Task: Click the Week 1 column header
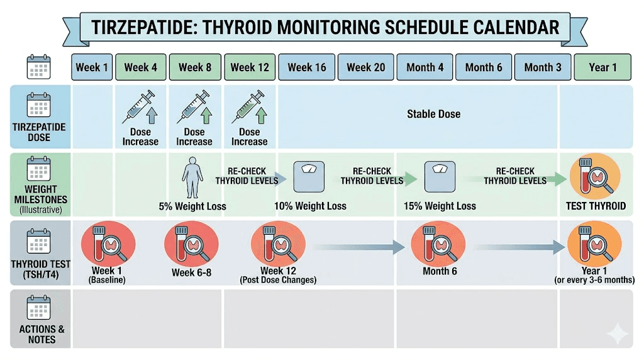point(92,67)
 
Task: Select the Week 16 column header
point(307,67)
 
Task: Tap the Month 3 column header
point(543,67)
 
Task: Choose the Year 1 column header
point(602,67)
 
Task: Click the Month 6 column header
point(484,67)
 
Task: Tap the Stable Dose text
point(433,114)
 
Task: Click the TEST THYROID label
point(595,206)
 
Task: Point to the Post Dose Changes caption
point(278,279)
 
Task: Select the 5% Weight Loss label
point(192,206)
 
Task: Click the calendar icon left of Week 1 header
point(38,67)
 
